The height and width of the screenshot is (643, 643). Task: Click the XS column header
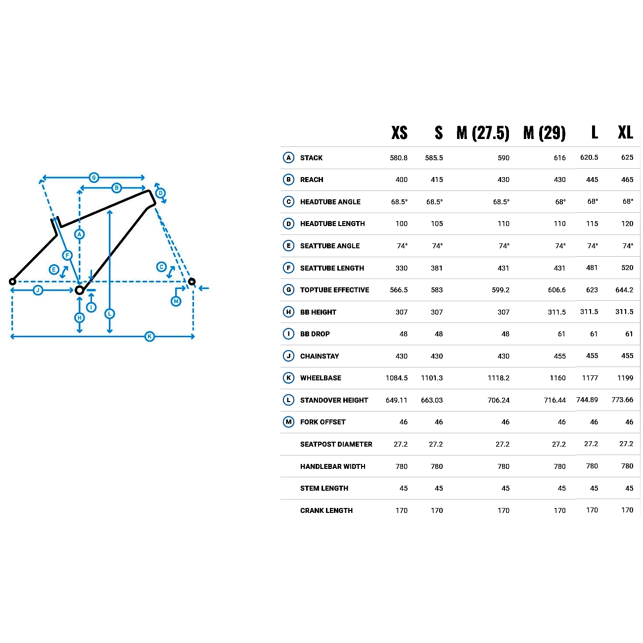(x=400, y=133)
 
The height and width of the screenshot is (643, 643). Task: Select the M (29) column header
(x=545, y=133)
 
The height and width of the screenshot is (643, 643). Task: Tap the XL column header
(x=626, y=132)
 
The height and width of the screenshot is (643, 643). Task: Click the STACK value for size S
(x=434, y=158)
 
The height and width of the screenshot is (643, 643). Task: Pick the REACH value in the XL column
(x=627, y=180)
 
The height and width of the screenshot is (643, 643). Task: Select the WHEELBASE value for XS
(x=397, y=378)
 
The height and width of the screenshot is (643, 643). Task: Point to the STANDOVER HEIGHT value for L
(x=587, y=400)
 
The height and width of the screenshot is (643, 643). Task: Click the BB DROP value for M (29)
(x=561, y=334)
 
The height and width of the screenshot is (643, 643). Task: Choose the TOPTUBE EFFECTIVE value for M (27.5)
(x=501, y=290)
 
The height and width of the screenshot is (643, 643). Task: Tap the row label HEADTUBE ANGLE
(x=330, y=202)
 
